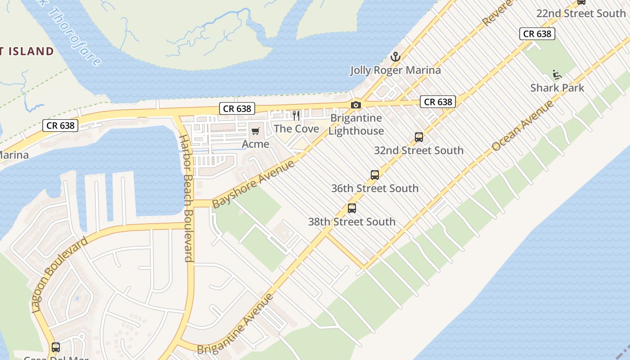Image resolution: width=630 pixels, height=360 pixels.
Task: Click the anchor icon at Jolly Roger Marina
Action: tap(395, 57)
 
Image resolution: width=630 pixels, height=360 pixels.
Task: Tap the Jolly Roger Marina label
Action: tap(396, 70)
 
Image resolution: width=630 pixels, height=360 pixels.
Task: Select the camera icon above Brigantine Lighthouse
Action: tap(356, 105)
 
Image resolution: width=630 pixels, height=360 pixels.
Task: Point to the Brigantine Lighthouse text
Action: tap(356, 125)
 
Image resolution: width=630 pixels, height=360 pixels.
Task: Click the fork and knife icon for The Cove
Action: tap(296, 116)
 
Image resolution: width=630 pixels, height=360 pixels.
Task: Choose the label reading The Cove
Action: tap(297, 129)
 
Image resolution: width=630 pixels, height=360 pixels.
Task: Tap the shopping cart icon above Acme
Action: tap(256, 131)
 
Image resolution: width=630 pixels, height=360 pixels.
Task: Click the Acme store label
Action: tap(256, 144)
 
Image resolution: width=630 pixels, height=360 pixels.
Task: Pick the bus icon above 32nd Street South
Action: tap(419, 137)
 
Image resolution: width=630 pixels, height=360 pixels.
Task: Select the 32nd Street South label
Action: tap(418, 150)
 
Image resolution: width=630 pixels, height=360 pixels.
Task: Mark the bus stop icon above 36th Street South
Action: tap(375, 175)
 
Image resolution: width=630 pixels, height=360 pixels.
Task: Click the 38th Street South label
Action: tap(351, 221)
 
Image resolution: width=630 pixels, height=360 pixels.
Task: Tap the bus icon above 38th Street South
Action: tap(352, 208)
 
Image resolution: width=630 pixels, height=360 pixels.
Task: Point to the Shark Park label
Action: tap(557, 88)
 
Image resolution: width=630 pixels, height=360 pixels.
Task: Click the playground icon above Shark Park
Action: tap(557, 74)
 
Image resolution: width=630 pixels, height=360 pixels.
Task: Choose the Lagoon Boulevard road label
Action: tap(60, 274)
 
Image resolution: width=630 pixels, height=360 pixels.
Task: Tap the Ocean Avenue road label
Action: tap(522, 126)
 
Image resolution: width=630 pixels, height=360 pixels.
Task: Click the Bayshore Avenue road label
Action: tap(253, 183)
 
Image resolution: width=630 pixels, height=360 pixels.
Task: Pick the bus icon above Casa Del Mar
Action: tap(56, 347)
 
